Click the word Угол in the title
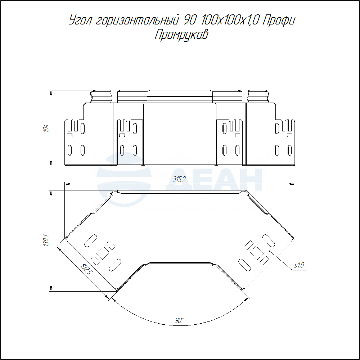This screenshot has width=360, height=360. coord(81,21)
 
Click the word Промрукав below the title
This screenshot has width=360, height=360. coord(181,35)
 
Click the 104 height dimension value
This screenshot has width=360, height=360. coord(46,128)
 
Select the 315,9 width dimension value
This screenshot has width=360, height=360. coord(179,179)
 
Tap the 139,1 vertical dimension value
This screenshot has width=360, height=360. coord(46,240)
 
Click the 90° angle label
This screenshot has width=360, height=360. coord(180,320)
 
